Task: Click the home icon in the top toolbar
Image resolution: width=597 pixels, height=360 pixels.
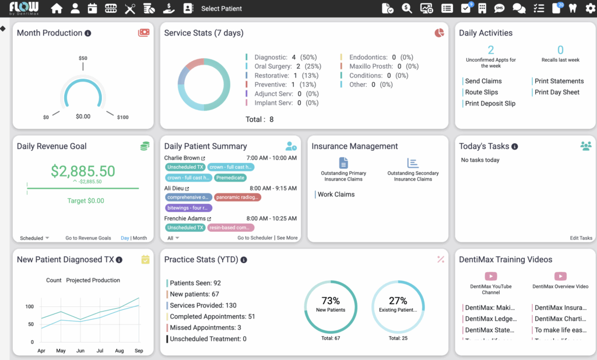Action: tap(57, 9)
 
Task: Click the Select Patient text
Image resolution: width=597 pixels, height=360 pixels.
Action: tap(222, 9)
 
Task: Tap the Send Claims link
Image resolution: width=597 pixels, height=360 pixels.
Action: tap(483, 81)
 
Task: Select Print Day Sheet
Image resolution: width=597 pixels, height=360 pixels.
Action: tap(557, 92)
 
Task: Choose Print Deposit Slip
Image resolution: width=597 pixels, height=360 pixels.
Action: tap(490, 104)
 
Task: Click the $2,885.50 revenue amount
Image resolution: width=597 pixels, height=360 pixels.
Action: tap(83, 171)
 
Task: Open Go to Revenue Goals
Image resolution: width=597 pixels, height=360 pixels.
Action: tap(88, 238)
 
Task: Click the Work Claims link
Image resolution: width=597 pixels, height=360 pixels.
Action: tap(336, 195)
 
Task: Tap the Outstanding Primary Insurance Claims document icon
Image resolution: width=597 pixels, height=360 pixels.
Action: tap(343, 163)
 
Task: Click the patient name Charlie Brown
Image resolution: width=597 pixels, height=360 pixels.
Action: tap(182, 158)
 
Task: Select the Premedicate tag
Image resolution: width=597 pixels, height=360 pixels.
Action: tap(230, 178)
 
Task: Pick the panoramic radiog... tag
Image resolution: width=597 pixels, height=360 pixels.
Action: tap(237, 197)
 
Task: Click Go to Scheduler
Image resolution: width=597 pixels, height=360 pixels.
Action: tap(255, 238)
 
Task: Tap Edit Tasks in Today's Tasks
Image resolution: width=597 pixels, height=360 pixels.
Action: tap(581, 238)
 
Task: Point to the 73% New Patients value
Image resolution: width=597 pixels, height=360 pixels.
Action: tap(331, 301)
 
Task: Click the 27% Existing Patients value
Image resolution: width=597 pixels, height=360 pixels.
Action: tap(398, 301)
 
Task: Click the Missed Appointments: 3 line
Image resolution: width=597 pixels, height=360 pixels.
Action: tap(205, 328)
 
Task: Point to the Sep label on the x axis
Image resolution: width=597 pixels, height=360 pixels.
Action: tap(139, 351)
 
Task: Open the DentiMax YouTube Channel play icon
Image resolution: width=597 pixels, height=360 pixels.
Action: tap(491, 277)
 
